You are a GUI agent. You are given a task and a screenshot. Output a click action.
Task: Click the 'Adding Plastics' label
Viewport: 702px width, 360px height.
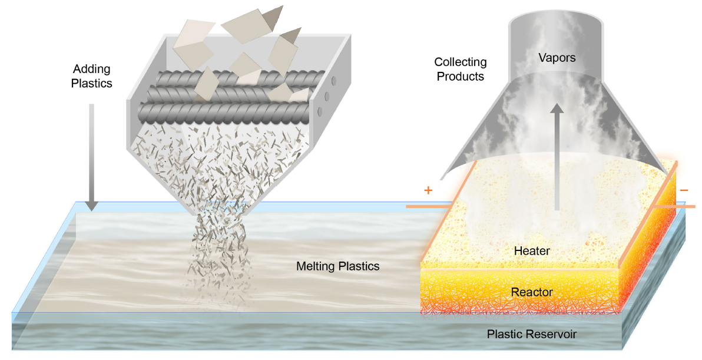click(x=91, y=75)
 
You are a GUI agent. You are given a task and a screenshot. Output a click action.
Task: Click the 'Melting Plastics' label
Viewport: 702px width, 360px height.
click(x=337, y=266)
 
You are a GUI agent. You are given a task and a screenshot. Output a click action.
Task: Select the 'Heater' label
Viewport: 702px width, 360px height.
click(x=532, y=251)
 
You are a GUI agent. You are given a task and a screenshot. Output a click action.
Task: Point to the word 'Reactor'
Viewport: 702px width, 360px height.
click(x=532, y=291)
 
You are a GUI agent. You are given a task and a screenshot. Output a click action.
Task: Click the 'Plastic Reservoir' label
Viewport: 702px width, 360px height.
click(x=531, y=335)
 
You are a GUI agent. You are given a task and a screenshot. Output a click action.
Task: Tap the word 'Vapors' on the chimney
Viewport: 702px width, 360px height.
click(x=556, y=58)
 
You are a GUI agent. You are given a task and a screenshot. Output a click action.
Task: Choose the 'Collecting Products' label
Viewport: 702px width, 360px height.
click(x=461, y=69)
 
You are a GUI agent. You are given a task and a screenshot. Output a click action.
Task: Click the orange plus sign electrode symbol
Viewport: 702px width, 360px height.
click(x=428, y=190)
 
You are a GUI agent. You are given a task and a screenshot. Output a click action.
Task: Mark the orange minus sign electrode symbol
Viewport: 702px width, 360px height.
click(x=684, y=190)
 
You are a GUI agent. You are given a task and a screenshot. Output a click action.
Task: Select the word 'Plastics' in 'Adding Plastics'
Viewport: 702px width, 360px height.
click(x=91, y=83)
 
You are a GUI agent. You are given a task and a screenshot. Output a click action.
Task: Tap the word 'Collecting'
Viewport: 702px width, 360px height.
click(x=461, y=62)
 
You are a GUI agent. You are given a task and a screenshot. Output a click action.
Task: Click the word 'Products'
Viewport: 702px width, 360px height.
click(x=461, y=77)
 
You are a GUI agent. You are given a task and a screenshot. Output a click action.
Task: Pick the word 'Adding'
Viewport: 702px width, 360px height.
click(x=91, y=68)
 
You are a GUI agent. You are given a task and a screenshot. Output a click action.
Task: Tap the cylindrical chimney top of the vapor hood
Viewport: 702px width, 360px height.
click(x=556, y=35)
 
